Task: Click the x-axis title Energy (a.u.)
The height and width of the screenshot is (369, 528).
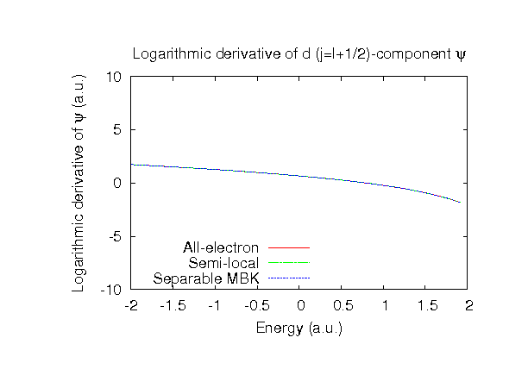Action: (x=299, y=328)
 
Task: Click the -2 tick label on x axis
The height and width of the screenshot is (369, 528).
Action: (x=131, y=305)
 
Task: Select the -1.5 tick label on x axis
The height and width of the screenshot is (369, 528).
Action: (x=173, y=305)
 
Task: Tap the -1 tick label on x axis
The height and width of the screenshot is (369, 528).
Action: (x=216, y=305)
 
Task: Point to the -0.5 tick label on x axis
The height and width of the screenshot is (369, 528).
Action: (x=258, y=305)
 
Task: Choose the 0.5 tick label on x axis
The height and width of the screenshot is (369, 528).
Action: (x=342, y=305)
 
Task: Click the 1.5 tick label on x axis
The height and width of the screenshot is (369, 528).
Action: (x=426, y=305)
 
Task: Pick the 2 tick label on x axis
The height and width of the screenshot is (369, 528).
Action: (x=468, y=305)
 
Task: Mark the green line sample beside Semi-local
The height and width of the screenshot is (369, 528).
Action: (x=288, y=263)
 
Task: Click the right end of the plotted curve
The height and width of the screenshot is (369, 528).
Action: (x=460, y=202)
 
